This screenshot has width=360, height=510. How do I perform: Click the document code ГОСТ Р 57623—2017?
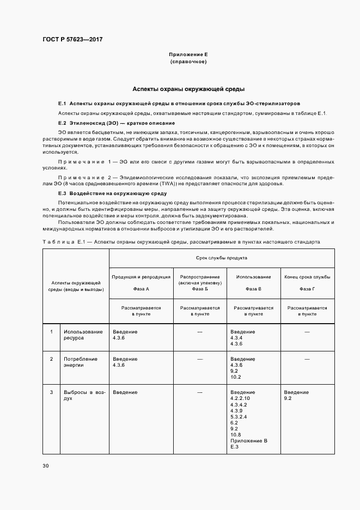(72, 40)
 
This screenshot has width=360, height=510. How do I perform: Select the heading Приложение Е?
(188, 55)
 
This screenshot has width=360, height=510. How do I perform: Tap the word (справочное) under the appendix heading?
(188, 62)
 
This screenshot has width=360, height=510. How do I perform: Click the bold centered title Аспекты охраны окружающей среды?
(188, 88)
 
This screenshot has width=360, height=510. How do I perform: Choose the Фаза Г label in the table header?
(307, 289)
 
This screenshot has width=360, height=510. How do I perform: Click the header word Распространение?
(199, 277)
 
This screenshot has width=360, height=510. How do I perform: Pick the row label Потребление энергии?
(81, 362)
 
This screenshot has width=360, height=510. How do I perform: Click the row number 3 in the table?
(51, 392)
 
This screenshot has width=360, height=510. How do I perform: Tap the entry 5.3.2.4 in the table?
(239, 416)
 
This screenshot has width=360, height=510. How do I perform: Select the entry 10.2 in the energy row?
(235, 377)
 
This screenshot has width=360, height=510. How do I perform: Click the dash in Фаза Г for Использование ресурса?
(307, 332)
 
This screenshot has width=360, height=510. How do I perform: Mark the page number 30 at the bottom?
(45, 465)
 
